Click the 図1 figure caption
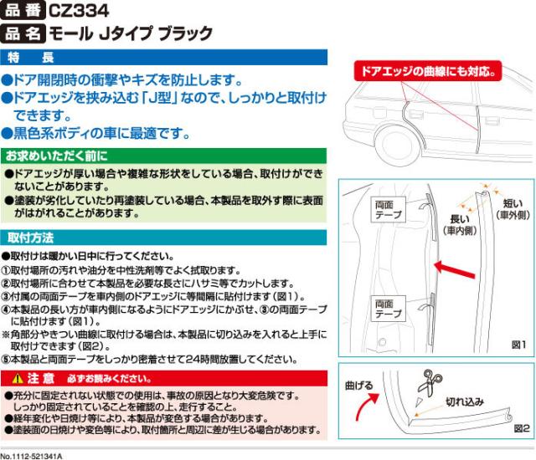(516, 344)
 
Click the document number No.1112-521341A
(37, 455)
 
